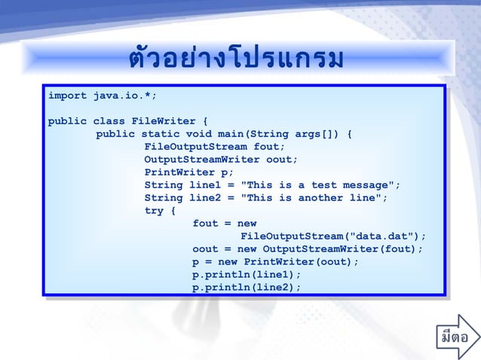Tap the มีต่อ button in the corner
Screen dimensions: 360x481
point(458,341)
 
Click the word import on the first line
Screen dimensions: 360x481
point(67,96)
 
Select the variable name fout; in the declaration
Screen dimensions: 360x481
point(270,147)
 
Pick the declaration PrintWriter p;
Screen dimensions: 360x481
point(189,172)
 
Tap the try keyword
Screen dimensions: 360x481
point(154,211)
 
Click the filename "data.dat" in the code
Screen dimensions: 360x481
point(376,236)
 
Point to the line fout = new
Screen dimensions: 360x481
point(225,224)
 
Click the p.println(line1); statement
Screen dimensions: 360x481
point(247,275)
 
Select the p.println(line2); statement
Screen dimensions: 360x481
point(247,288)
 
